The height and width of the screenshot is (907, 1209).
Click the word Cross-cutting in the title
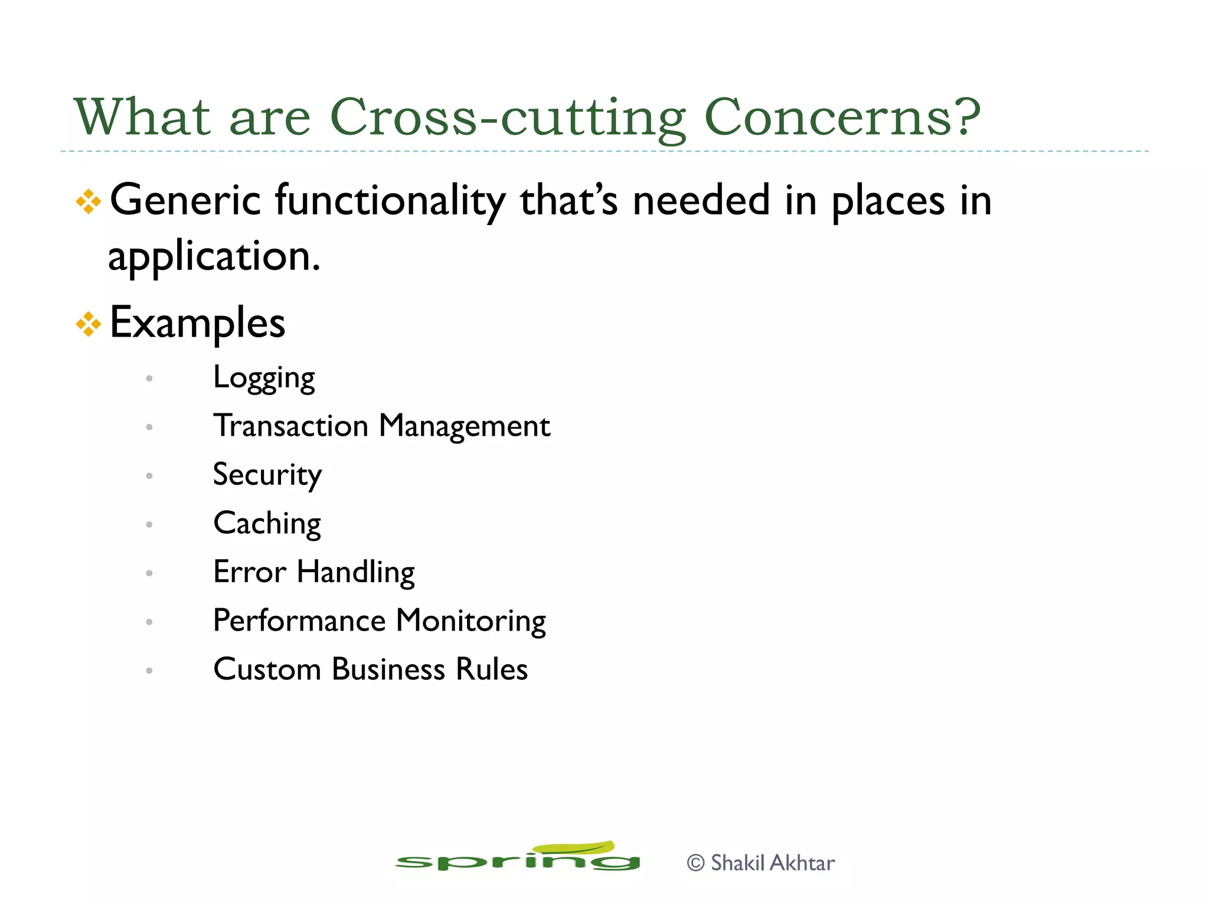(508, 117)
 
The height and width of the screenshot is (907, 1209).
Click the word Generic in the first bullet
(185, 201)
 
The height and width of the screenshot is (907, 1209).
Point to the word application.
(214, 257)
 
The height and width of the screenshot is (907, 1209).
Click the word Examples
(197, 324)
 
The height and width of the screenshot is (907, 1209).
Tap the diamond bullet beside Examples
(89, 324)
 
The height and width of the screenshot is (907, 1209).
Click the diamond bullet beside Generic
(89, 201)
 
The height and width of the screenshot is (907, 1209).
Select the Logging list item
(264, 378)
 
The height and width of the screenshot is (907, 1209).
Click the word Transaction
(291, 426)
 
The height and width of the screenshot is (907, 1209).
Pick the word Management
(465, 427)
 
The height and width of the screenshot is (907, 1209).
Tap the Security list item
(267, 475)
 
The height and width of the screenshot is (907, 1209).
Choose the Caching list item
(267, 524)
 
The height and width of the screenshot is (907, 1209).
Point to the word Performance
(299, 621)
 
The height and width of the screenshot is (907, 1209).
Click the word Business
(388, 670)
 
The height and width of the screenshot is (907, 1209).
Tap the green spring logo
(518, 857)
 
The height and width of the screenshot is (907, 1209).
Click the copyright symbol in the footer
(696, 863)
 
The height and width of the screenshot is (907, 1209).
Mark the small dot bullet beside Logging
(149, 379)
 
